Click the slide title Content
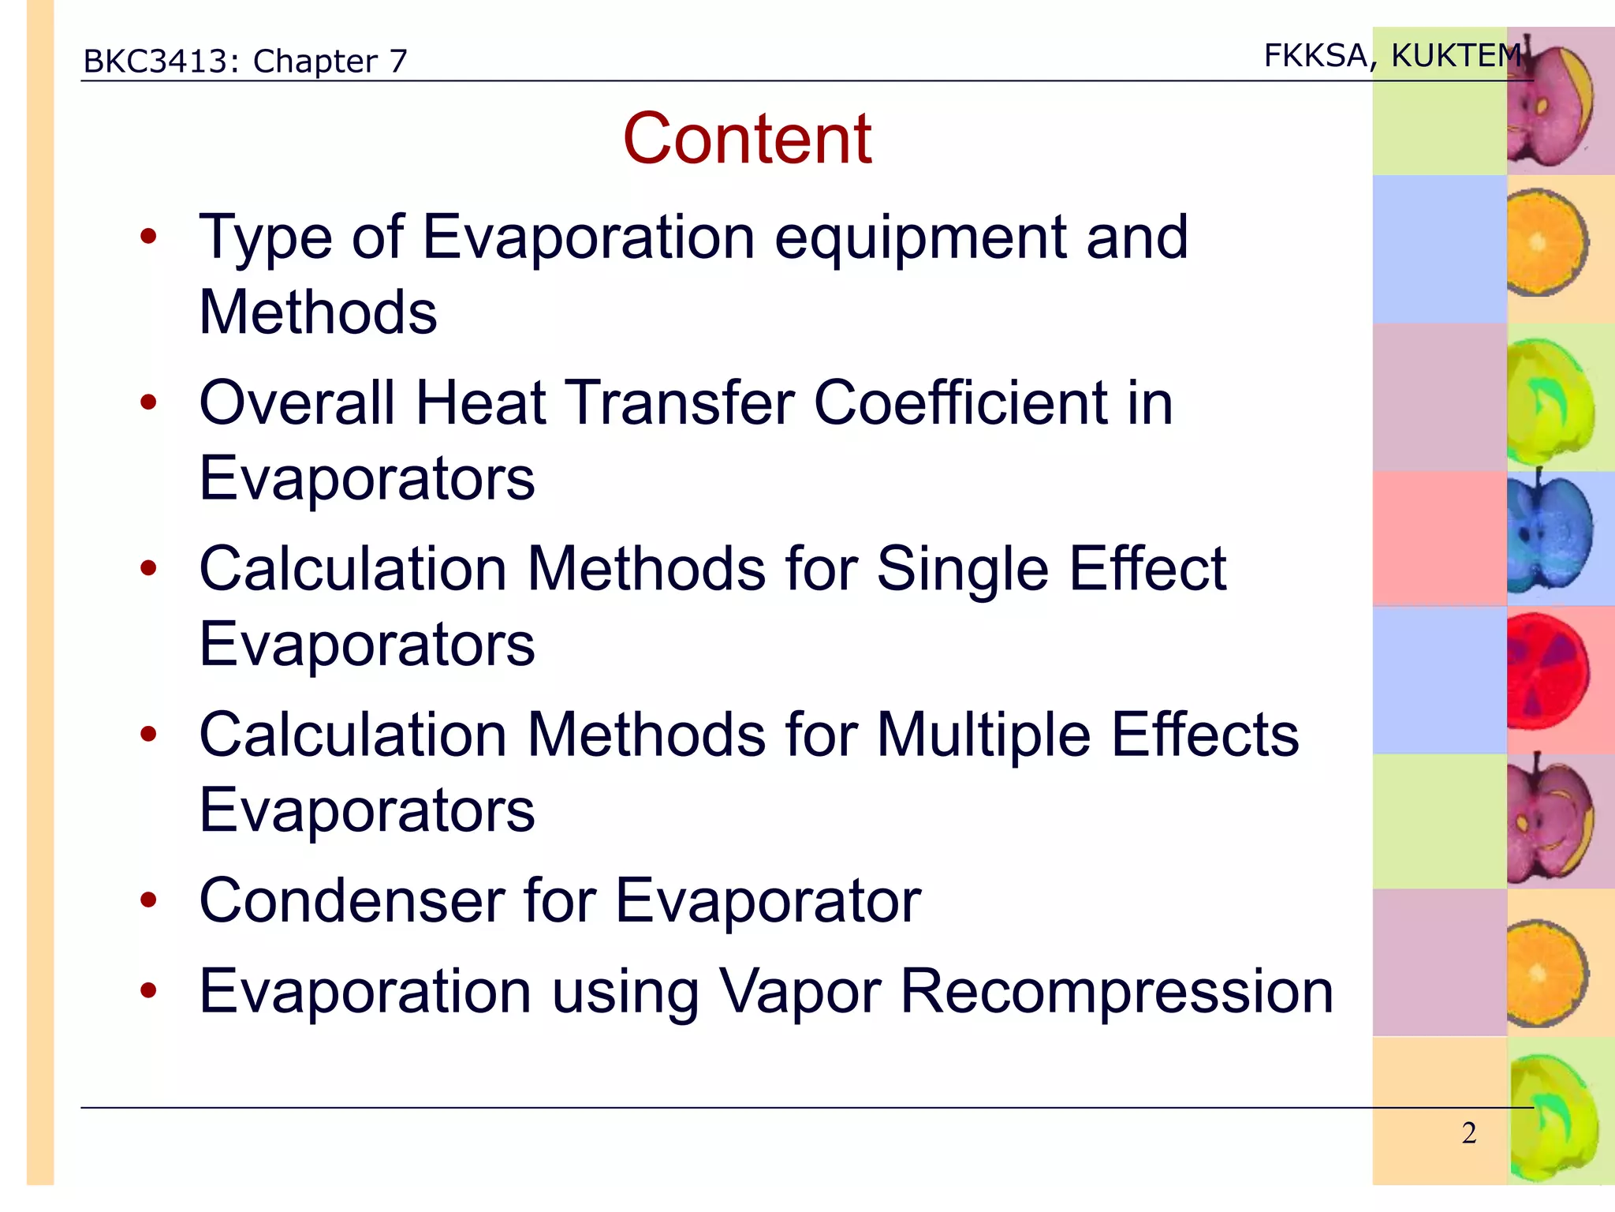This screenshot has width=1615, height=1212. (747, 139)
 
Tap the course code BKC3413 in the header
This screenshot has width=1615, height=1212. (158, 62)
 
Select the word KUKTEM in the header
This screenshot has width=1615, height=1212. (1456, 56)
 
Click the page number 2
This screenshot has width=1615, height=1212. (1468, 1133)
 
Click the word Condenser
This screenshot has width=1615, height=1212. (351, 900)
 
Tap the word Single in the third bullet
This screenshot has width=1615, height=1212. (962, 569)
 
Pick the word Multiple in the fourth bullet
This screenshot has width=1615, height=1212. (983, 735)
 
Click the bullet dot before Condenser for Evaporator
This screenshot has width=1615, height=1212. (148, 900)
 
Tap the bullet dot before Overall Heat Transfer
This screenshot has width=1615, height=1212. (148, 403)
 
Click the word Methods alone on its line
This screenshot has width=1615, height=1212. (318, 312)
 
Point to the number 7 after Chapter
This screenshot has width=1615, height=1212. (398, 62)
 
